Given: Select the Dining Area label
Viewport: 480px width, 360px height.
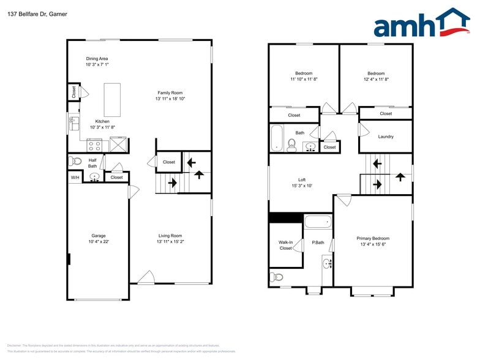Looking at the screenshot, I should [x=97, y=59].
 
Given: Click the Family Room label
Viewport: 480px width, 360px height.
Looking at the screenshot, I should [x=170, y=92].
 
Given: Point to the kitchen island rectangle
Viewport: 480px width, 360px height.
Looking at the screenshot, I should [x=112, y=99].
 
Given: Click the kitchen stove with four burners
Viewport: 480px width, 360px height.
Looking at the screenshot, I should [x=94, y=145].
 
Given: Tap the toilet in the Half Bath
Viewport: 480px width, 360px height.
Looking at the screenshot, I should [x=75, y=161].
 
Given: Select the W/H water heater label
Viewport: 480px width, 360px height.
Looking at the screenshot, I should [x=75, y=178].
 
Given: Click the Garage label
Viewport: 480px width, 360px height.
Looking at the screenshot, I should [x=98, y=236].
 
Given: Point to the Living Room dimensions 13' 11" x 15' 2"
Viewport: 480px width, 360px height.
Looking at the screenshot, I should [x=170, y=242].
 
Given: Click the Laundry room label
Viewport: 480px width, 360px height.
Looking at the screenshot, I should [x=386, y=137].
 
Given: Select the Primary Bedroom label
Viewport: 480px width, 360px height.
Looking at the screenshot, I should [x=373, y=238].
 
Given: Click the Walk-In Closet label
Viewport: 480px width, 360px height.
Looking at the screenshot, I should [x=286, y=245].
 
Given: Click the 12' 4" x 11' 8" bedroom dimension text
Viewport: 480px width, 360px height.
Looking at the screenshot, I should [x=376, y=79].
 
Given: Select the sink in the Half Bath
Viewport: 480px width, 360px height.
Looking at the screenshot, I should [x=95, y=178].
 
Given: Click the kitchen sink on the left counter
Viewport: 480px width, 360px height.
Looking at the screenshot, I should [x=74, y=124].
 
